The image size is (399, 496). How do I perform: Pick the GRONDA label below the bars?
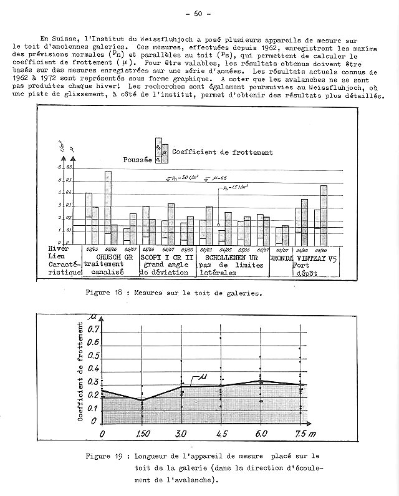pyautogui.click(x=282, y=256)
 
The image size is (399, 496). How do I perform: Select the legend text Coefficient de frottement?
pyautogui.click(x=222, y=152)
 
